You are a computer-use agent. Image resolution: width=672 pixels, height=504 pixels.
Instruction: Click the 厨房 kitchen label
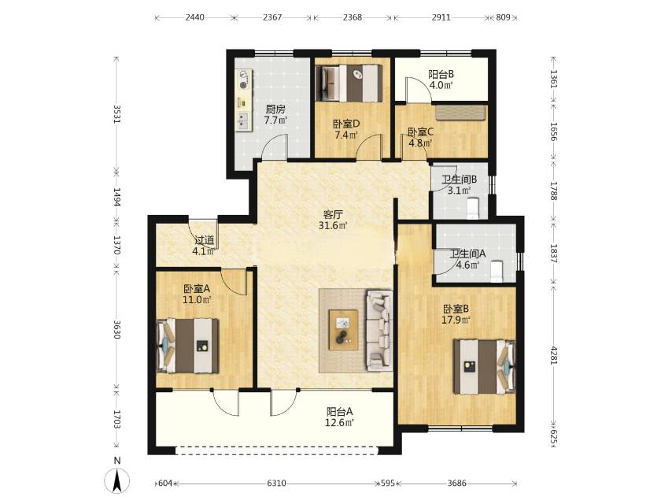pos(275,109)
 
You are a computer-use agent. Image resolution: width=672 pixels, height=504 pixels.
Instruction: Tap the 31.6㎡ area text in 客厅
pos(333,225)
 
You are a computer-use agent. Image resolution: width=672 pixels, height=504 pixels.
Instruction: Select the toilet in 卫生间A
pos(497,272)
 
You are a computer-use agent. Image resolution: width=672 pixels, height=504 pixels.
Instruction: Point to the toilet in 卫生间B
pos(472,209)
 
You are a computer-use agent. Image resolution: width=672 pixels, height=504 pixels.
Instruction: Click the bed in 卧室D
pos(349,83)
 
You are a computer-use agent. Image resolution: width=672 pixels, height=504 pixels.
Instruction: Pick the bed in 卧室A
pos(188,345)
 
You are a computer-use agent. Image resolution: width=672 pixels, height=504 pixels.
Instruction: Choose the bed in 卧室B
pos(485,366)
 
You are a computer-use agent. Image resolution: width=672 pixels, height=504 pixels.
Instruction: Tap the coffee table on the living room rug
pos(343,329)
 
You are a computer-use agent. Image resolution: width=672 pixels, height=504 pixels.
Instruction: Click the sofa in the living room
pos(378,330)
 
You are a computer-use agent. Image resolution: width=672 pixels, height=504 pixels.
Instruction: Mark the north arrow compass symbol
pos(117,480)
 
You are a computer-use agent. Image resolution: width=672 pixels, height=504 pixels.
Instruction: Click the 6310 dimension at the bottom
pos(276,484)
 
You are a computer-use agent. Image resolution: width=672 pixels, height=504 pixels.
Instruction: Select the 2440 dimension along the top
pos(194,17)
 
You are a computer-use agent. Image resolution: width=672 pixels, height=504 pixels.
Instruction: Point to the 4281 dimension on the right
pos(553,355)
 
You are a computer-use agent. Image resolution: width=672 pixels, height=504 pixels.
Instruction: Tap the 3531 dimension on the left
pos(116,114)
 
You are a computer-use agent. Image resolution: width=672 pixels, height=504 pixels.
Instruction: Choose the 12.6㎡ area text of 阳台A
pos(339,423)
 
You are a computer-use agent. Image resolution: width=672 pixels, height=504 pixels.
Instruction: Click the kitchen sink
pos(243,120)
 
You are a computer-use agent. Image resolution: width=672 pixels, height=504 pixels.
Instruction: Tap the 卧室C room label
pos(420,132)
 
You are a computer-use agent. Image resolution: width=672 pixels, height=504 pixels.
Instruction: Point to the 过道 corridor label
pos(204,241)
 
